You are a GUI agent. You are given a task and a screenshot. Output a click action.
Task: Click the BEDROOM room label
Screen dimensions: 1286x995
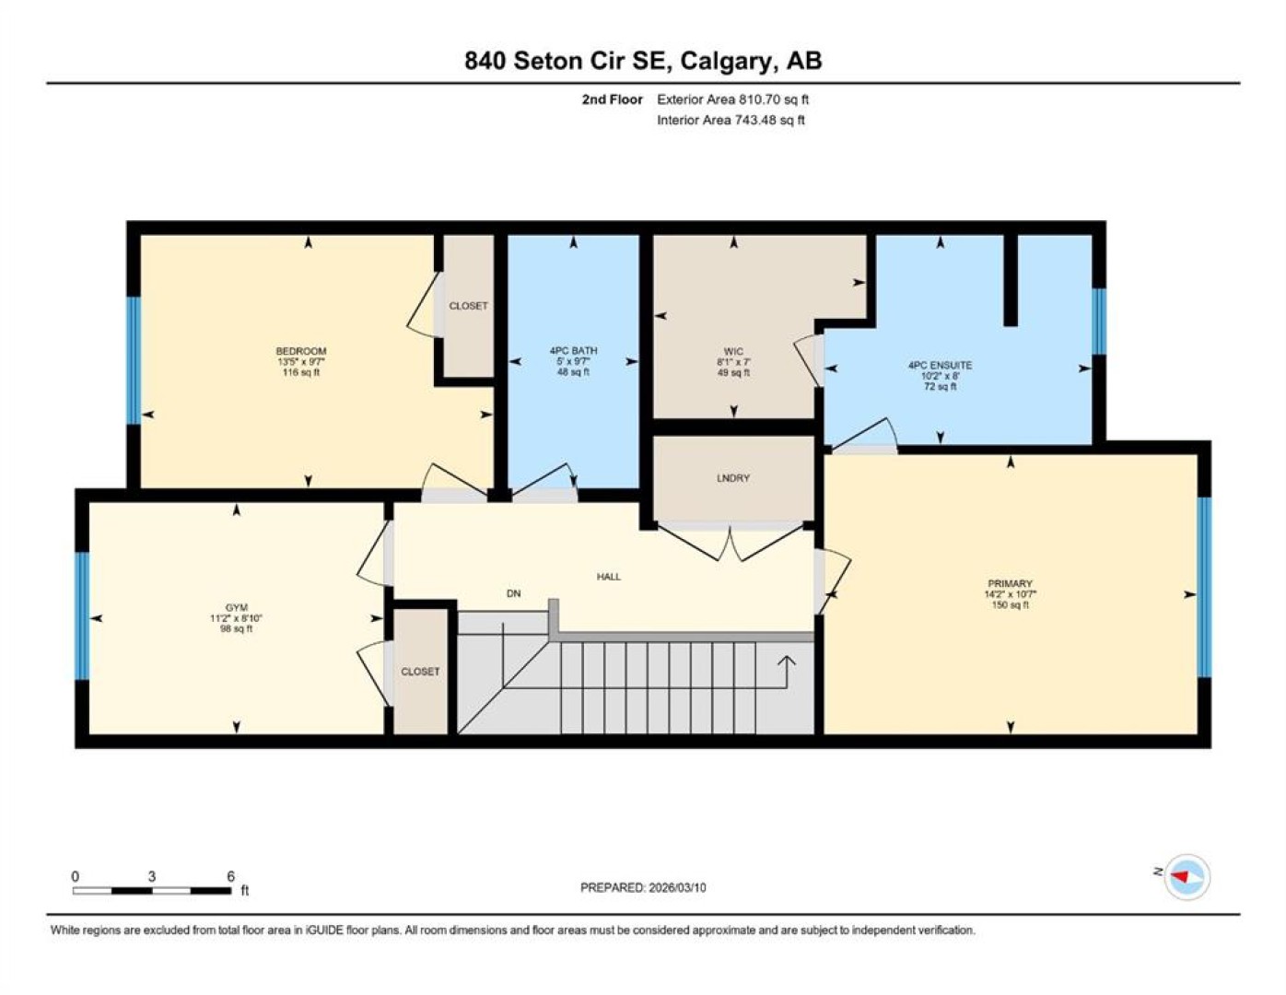[301, 351]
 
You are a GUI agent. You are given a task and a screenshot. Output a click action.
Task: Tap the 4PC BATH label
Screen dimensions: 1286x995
[573, 350]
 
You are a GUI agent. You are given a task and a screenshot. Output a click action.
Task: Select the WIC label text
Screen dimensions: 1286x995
[733, 351]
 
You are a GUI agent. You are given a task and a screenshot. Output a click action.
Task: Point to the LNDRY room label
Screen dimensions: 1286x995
[733, 477]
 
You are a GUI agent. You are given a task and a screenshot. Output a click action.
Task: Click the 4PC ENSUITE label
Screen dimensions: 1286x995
[940, 365]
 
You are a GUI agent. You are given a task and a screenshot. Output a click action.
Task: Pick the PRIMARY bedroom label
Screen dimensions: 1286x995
[1010, 583]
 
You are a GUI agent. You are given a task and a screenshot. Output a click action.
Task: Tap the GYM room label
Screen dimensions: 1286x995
[236, 607]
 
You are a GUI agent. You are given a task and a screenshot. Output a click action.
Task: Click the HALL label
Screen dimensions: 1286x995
[608, 576]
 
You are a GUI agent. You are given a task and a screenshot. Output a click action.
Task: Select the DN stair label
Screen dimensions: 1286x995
[514, 593]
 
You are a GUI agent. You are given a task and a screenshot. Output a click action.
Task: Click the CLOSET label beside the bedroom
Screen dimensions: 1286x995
[468, 306]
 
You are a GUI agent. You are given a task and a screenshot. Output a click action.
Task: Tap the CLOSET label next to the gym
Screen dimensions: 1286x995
[420, 672]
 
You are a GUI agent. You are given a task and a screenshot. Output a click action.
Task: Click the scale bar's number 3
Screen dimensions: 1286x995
[151, 877]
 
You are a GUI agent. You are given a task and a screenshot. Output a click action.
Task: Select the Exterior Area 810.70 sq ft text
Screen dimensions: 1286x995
[732, 99]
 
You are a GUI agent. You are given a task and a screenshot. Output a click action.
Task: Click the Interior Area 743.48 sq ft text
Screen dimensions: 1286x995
[731, 120]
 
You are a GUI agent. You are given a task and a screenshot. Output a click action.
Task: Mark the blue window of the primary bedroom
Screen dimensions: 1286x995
[1204, 587]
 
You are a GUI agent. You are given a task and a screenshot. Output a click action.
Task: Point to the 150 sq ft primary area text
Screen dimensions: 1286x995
[1011, 604]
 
